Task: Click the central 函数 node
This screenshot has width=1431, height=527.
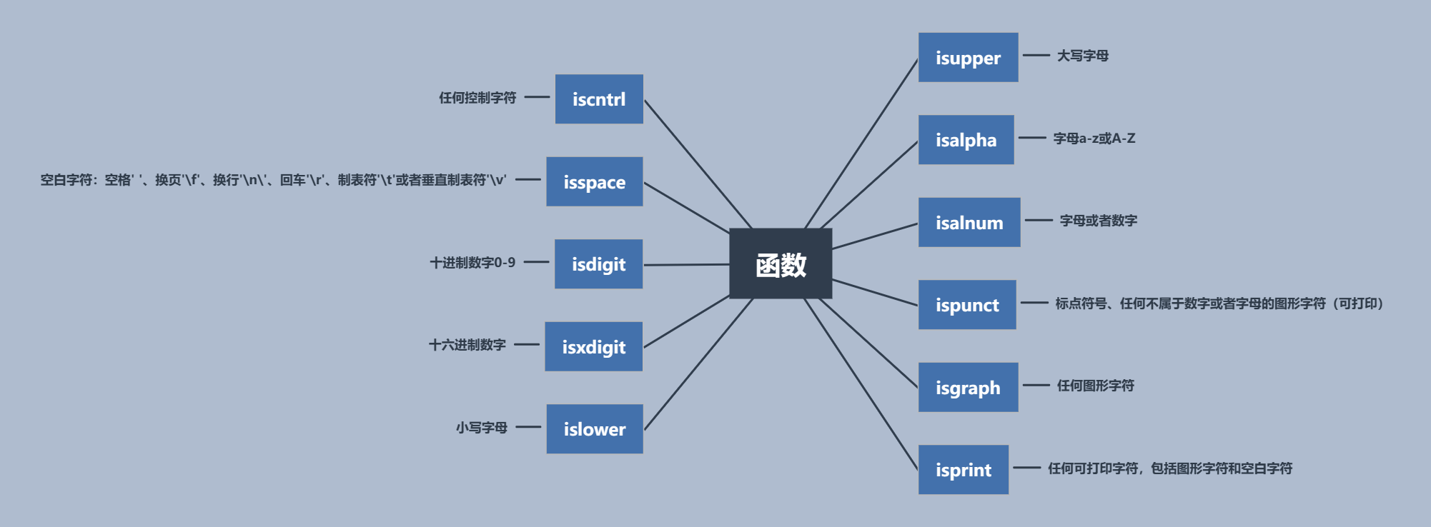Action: click(x=781, y=263)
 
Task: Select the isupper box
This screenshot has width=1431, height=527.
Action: click(x=968, y=57)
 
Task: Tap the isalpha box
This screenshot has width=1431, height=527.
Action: click(x=966, y=140)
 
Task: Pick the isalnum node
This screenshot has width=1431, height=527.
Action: click(x=969, y=222)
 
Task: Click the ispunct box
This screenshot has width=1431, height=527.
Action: click(x=967, y=305)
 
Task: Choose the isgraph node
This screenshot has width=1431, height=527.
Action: click(x=968, y=387)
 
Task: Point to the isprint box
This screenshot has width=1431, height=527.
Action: click(x=963, y=470)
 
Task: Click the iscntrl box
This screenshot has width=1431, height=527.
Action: click(x=599, y=99)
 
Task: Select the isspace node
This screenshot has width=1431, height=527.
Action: click(x=594, y=181)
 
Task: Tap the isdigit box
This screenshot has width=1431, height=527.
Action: click(x=598, y=264)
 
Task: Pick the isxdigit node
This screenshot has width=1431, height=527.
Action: click(x=593, y=346)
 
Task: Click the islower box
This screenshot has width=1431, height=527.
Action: click(x=594, y=429)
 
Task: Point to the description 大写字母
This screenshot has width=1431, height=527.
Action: click(x=1083, y=56)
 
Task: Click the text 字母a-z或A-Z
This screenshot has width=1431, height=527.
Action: click(x=1094, y=139)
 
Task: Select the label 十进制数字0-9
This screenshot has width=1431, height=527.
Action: click(x=472, y=263)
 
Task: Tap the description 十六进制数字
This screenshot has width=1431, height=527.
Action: click(x=467, y=345)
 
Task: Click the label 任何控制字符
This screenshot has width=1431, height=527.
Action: click(x=477, y=98)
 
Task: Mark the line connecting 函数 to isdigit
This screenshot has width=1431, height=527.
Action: click(x=686, y=264)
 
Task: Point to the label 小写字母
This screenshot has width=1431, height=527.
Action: click(x=482, y=428)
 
